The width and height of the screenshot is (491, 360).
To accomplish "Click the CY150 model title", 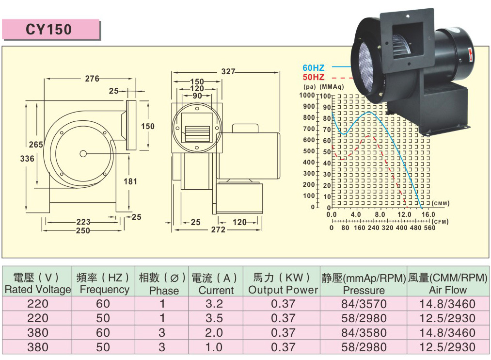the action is (48, 30).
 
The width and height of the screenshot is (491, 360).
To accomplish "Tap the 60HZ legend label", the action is (314, 67).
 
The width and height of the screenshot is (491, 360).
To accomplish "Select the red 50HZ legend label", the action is (314, 77).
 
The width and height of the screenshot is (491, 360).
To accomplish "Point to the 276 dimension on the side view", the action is (92, 79).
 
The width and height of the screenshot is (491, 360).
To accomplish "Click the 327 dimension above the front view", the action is (228, 72).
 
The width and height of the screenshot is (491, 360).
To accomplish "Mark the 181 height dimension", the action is (130, 181).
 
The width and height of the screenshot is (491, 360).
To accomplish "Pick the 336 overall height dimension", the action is (27, 159).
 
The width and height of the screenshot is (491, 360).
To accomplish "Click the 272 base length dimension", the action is (218, 229).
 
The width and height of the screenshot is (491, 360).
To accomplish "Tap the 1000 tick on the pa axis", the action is (307, 95).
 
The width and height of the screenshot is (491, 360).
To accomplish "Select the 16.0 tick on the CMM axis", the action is (428, 214).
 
